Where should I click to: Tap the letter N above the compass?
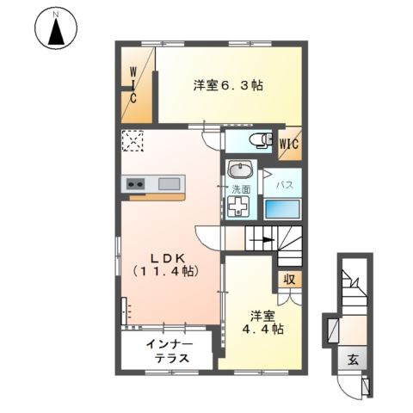(x=56, y=14)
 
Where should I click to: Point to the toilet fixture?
(x=256, y=140)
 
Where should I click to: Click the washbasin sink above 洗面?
(x=239, y=169)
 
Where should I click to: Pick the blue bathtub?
(x=284, y=209)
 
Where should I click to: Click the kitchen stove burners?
(x=136, y=183)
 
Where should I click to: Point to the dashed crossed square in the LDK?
(x=133, y=139)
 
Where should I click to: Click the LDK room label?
(x=166, y=264)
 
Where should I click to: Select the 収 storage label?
(x=289, y=280)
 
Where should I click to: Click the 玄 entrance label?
(x=354, y=360)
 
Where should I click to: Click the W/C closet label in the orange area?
(x=134, y=86)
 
